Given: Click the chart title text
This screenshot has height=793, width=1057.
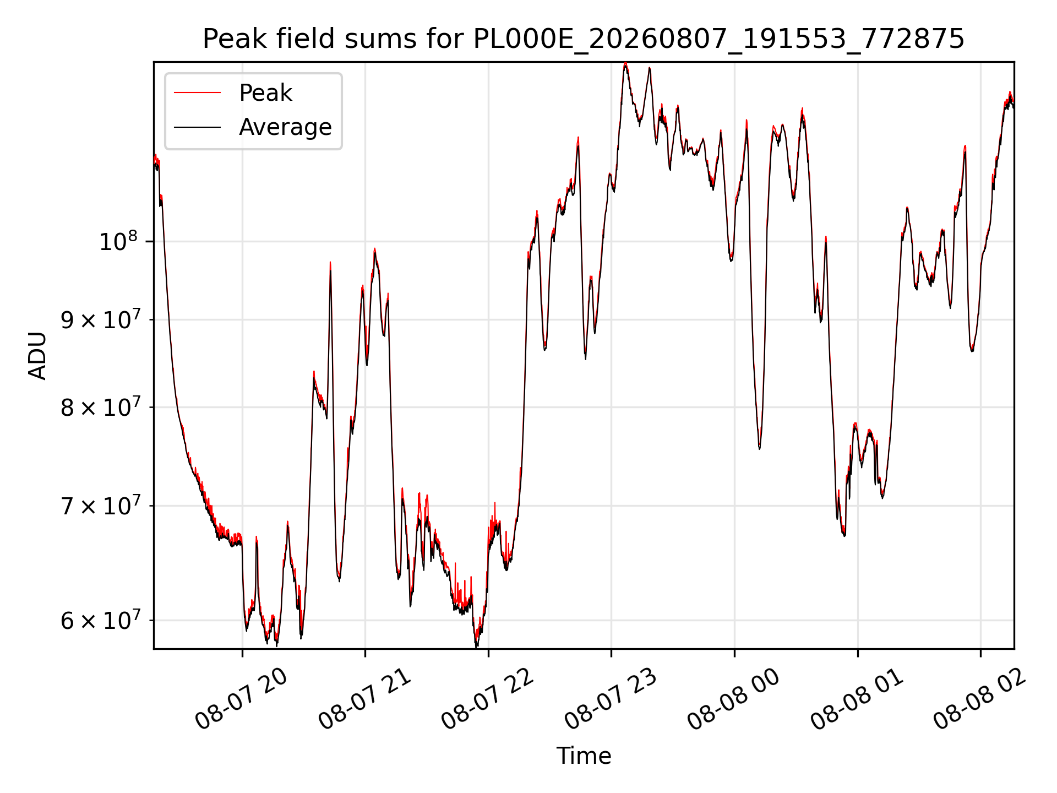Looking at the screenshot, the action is [x=584, y=39].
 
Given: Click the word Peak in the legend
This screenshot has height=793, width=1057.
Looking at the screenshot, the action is [x=265, y=93].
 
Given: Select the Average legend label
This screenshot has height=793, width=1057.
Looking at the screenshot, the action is [x=285, y=127].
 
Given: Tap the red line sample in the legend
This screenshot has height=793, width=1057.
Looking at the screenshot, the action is [x=197, y=93].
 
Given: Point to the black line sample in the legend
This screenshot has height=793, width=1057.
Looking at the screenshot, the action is [x=197, y=127].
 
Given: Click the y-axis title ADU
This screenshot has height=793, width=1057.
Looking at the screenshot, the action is [x=38, y=355].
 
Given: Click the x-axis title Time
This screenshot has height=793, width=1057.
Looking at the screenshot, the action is [x=584, y=756].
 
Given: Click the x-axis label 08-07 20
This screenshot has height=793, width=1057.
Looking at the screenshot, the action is [x=242, y=699].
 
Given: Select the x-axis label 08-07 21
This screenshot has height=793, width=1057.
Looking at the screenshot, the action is [x=365, y=699].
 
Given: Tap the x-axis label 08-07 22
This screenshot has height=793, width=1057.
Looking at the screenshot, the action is [x=488, y=699].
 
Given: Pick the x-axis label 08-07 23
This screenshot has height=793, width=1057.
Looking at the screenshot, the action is [x=611, y=699].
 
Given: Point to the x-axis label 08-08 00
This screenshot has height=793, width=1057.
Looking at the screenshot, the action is [x=734, y=699].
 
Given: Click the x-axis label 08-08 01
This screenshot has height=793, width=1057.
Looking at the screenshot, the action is [x=857, y=699].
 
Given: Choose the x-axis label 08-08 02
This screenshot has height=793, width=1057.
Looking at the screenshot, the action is [x=980, y=699].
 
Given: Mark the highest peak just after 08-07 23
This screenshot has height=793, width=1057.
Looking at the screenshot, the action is [x=625, y=64].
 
